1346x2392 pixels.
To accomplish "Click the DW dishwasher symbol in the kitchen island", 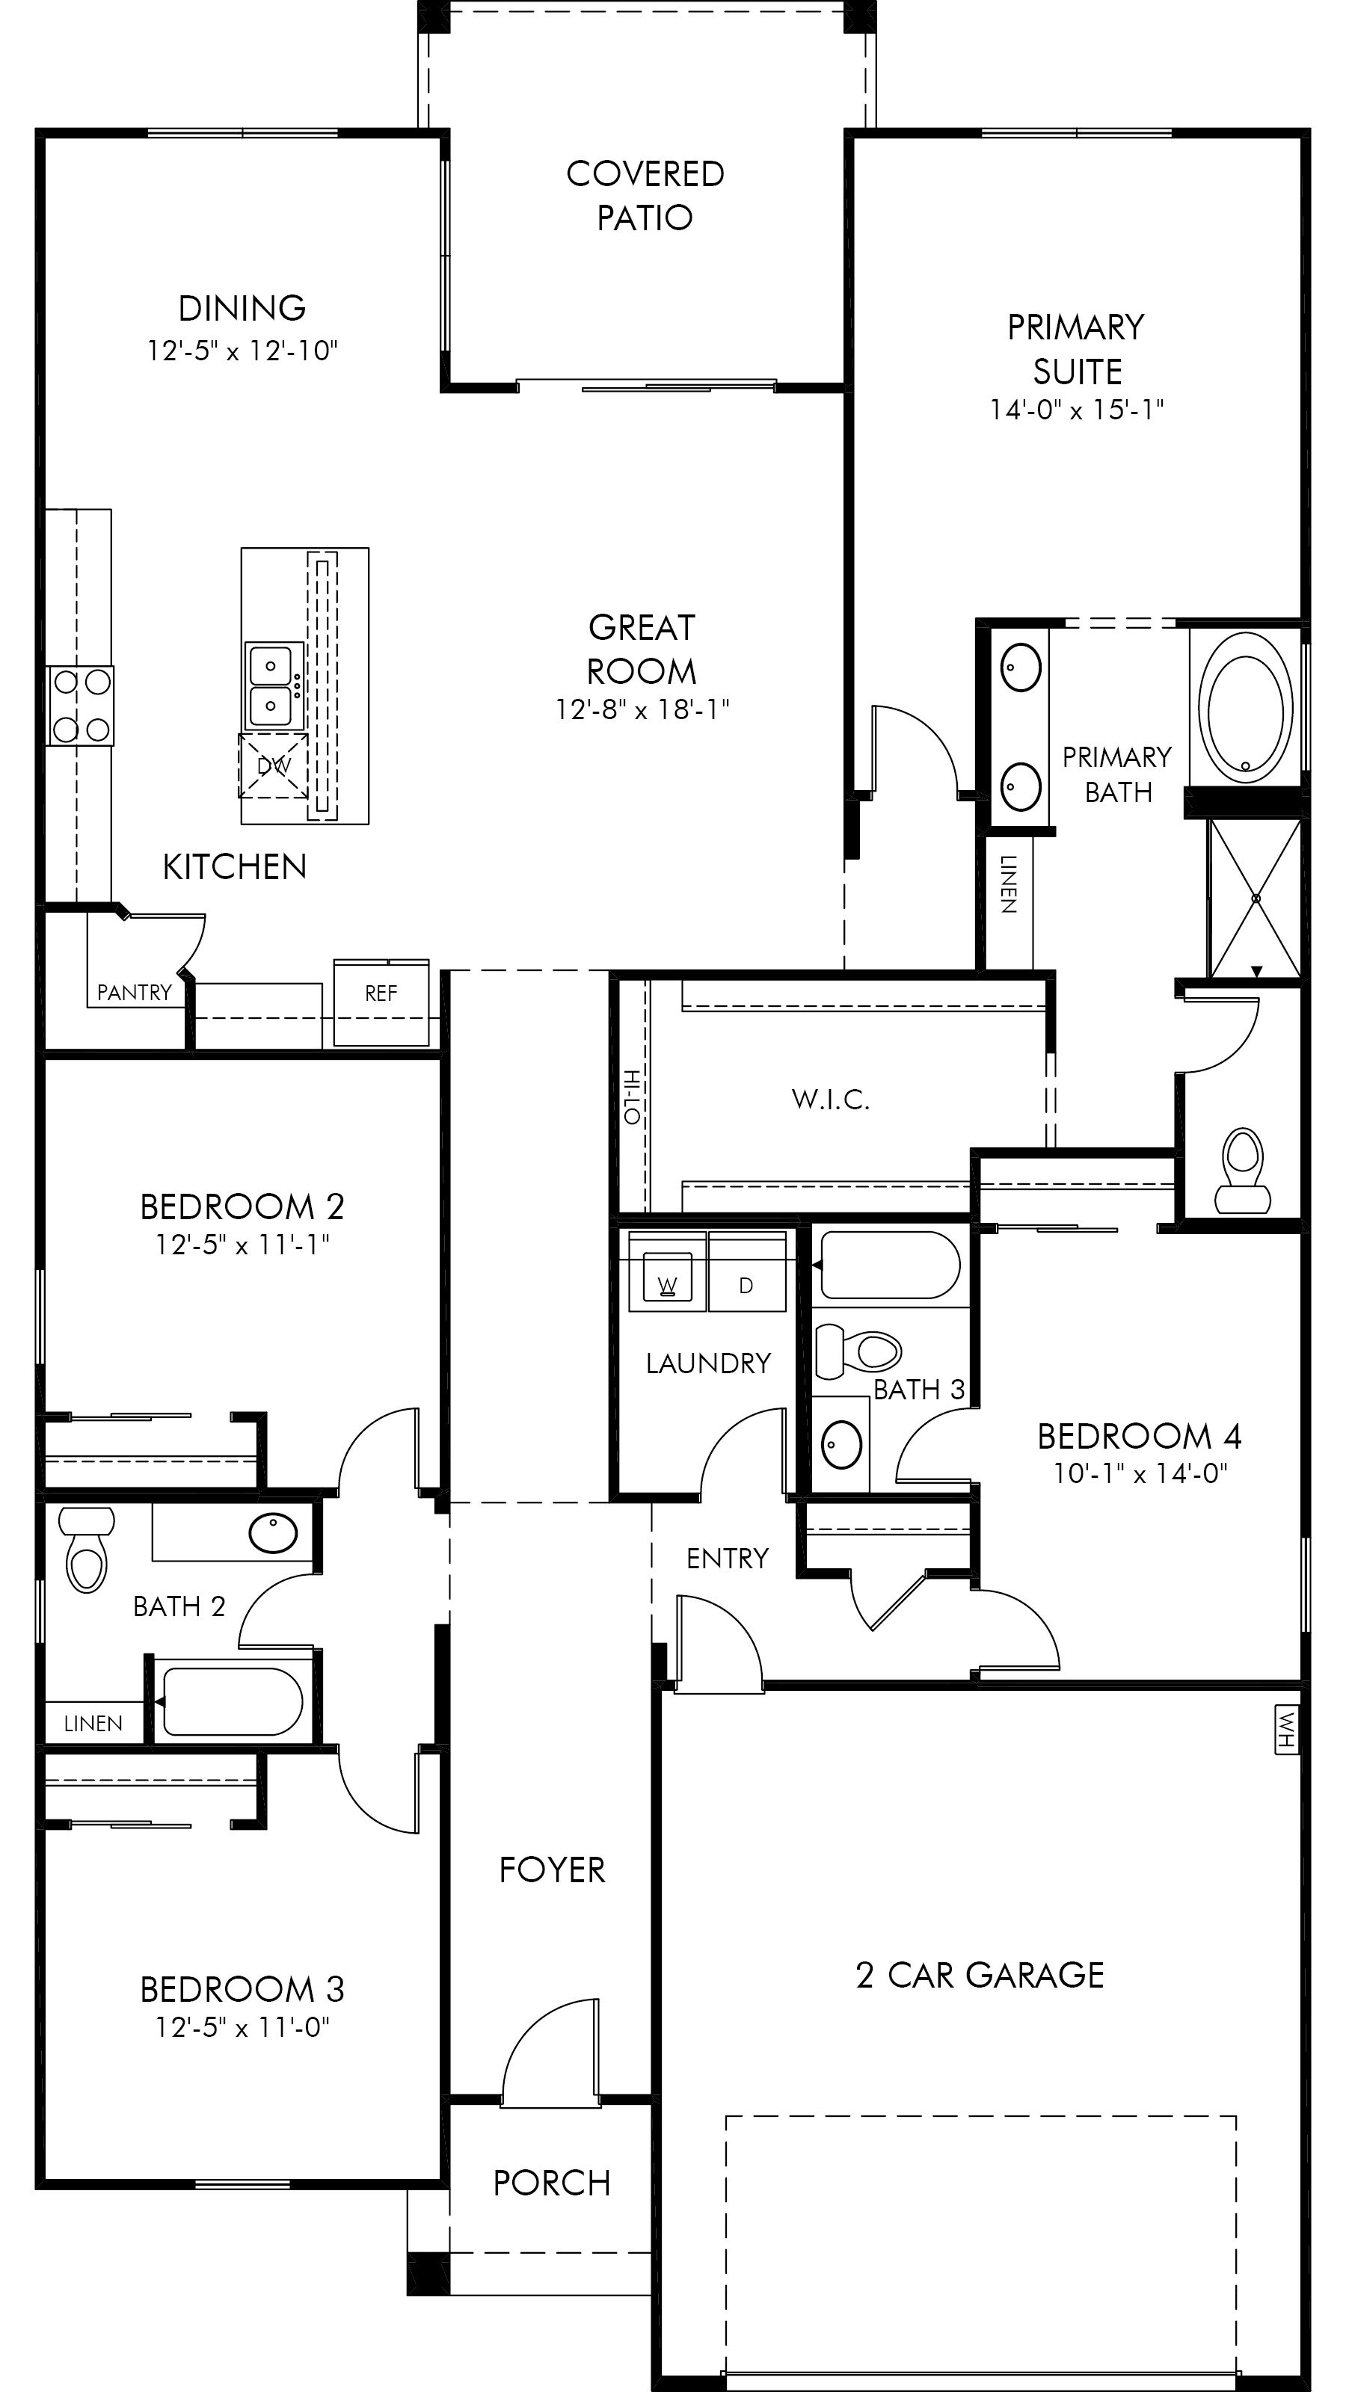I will point(273,765).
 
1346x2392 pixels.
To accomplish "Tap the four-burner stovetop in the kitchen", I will point(82,706).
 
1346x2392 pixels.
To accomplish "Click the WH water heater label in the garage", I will point(1286,1729).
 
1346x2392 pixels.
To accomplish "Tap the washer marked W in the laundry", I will point(667,1283).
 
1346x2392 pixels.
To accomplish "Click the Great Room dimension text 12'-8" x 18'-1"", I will point(642,709).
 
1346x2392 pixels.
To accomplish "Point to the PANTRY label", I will point(135,993).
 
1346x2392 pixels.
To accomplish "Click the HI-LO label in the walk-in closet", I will point(632,1097).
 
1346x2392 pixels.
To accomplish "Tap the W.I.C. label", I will point(831,1100).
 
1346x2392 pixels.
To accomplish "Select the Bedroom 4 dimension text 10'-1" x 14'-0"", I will point(1140,1473).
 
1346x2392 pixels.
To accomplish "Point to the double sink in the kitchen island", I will point(273,685).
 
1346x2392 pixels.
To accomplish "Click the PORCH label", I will point(552,2183).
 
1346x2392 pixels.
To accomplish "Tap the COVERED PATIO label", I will point(645,195).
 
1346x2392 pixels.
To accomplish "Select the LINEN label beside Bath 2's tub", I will point(93,1724).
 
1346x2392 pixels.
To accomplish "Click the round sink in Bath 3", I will point(841,1445).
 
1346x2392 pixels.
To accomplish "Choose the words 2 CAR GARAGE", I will point(980,1975).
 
